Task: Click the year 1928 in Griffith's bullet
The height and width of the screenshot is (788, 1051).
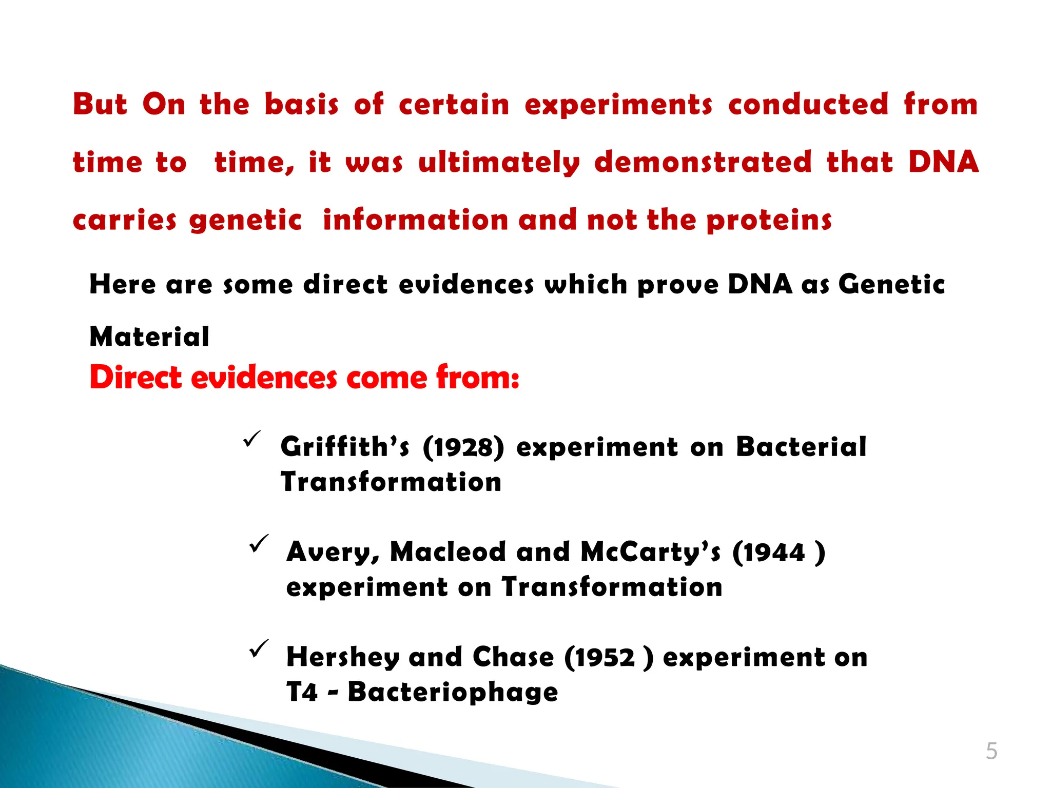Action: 464,447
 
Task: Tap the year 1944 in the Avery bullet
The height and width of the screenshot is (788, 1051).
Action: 774,553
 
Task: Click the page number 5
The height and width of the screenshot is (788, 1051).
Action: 991,751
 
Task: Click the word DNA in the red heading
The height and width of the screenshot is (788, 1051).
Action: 943,162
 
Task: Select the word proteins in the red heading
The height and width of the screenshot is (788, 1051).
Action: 768,221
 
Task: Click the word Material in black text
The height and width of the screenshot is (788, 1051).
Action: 149,337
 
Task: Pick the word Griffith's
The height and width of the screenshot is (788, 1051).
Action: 345,446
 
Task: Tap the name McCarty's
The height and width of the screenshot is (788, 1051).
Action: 650,553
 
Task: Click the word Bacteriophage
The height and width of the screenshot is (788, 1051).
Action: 453,693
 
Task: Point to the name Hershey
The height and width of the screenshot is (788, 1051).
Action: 342,657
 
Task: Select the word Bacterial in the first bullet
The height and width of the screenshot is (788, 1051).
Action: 801,446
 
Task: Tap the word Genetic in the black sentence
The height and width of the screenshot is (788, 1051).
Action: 891,284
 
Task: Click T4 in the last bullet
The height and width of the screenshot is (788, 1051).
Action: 302,692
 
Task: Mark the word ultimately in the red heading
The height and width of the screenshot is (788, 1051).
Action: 499,163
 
